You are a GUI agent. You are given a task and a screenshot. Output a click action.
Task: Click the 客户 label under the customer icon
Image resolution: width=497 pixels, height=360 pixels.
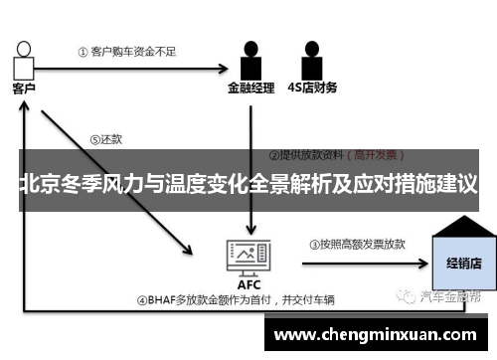[x=23, y=89]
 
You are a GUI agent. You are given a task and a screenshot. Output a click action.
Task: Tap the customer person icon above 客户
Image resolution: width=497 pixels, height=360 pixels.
[x=23, y=58]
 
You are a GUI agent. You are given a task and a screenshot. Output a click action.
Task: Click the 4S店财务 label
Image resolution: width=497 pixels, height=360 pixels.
[x=312, y=88]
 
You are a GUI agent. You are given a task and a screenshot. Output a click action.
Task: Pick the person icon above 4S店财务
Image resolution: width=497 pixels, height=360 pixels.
[x=311, y=59]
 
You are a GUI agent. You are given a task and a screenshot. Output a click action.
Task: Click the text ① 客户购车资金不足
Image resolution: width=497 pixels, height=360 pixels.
[x=120, y=51]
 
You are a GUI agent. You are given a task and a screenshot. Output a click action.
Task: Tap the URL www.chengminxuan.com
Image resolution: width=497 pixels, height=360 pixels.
[x=378, y=335]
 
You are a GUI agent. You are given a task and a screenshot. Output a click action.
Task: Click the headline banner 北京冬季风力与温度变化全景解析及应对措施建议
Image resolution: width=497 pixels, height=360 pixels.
[x=248, y=185]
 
